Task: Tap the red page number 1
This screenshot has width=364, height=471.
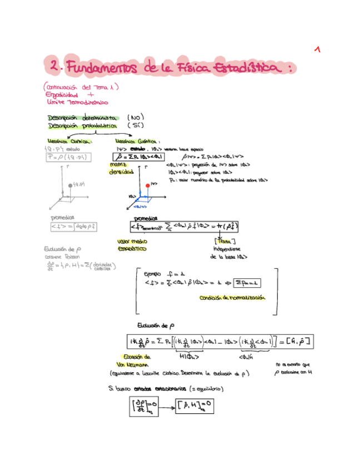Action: (317, 49)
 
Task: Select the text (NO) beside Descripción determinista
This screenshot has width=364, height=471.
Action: (136, 118)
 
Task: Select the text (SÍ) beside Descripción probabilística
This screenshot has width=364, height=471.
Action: (136, 126)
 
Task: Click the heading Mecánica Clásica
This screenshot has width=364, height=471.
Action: (68, 141)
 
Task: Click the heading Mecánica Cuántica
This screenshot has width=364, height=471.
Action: (137, 141)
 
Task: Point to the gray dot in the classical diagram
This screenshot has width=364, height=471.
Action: (69, 184)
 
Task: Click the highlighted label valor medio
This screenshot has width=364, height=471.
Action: (131, 242)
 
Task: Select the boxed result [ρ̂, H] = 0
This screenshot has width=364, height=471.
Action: (192, 404)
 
